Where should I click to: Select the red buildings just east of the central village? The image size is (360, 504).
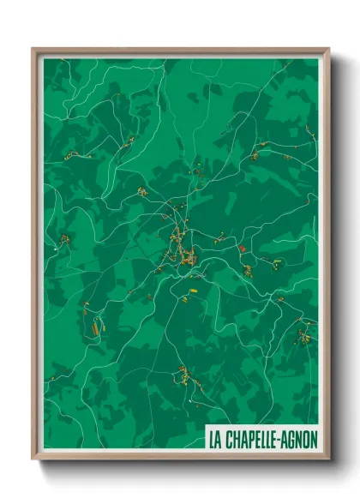pos(242,249)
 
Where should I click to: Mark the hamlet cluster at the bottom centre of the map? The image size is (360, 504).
pos(183,375)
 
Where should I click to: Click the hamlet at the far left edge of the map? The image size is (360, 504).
pos(62,240)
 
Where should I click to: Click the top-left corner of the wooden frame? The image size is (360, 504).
pos(33,49)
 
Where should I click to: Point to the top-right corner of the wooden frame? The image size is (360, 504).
pos(328,49)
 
